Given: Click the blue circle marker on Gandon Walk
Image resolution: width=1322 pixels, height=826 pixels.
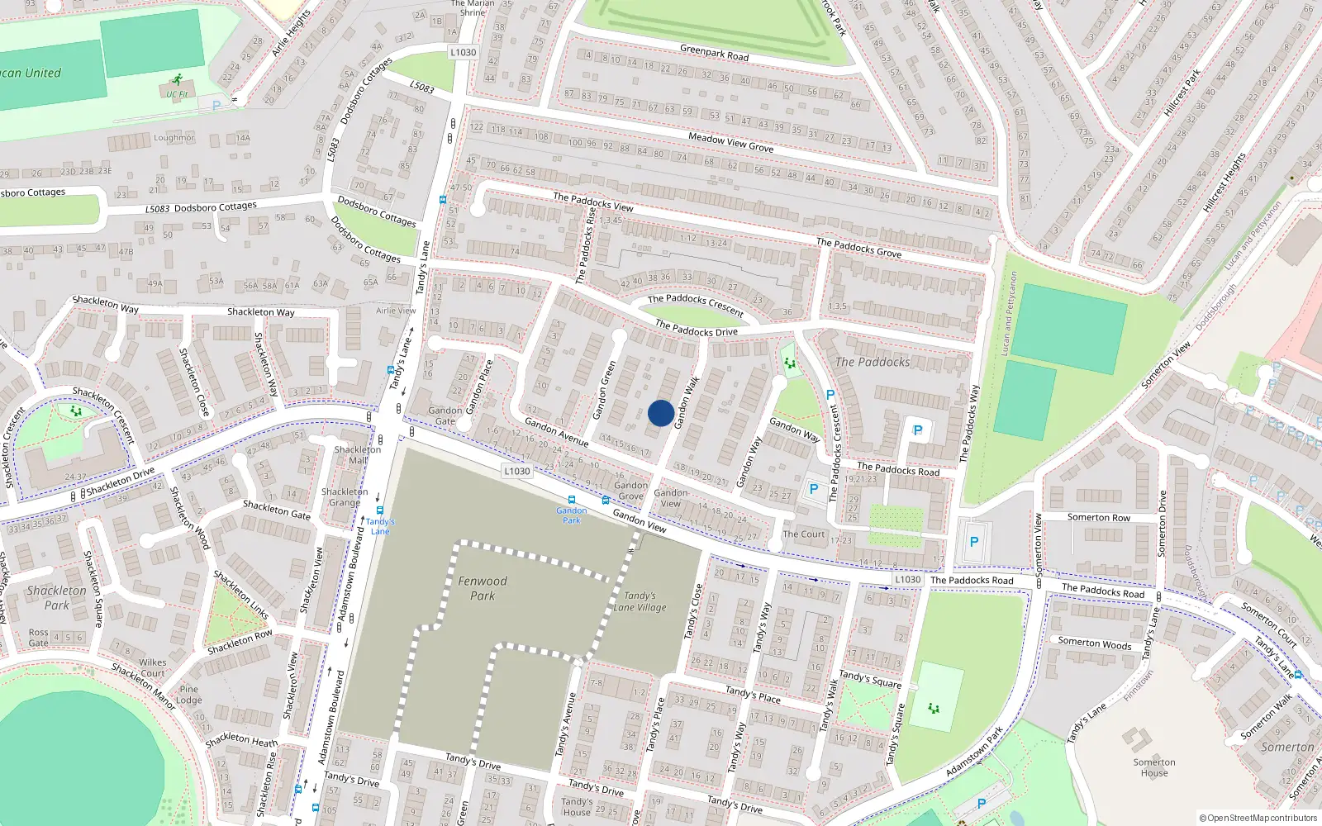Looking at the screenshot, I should click(x=660, y=413).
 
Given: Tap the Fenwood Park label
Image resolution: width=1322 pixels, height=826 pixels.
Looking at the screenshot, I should click(x=483, y=588).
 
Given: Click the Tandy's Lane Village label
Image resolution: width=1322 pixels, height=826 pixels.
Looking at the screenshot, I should click(x=640, y=601).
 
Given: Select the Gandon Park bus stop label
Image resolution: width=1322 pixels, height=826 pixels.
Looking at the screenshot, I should click(x=571, y=515).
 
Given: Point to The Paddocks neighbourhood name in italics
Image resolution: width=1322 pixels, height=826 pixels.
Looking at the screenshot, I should click(x=873, y=362).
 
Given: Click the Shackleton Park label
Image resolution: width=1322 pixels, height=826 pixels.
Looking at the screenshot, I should click(x=56, y=597).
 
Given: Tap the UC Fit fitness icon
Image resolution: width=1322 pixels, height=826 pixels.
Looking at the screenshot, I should click(x=176, y=80).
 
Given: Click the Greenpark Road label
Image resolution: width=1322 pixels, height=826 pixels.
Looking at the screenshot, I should click(x=714, y=53).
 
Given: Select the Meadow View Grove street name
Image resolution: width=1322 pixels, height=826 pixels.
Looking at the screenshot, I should click(x=730, y=142).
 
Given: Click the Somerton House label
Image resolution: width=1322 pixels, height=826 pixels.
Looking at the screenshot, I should click(x=1154, y=767).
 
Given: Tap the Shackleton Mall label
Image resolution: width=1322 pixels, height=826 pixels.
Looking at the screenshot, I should click(x=358, y=455).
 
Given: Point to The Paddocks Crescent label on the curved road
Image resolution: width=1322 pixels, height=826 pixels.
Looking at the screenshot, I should click(x=696, y=305).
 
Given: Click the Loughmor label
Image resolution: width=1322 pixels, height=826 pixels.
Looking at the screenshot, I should click(x=174, y=138).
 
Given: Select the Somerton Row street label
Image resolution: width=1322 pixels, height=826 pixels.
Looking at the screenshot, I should click(x=1098, y=517).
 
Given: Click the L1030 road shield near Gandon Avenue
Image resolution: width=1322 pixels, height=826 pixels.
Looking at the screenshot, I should click(x=516, y=471).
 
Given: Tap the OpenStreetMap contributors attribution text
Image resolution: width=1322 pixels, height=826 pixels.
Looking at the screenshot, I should click(x=1258, y=818).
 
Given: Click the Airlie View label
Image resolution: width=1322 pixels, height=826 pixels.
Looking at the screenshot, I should click(x=396, y=311).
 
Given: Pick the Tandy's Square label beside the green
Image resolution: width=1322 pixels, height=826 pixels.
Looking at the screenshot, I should click(x=870, y=679).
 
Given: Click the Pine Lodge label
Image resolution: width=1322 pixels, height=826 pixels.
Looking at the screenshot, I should click(x=188, y=695).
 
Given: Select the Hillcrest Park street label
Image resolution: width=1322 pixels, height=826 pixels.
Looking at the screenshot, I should click(x=1182, y=93).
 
